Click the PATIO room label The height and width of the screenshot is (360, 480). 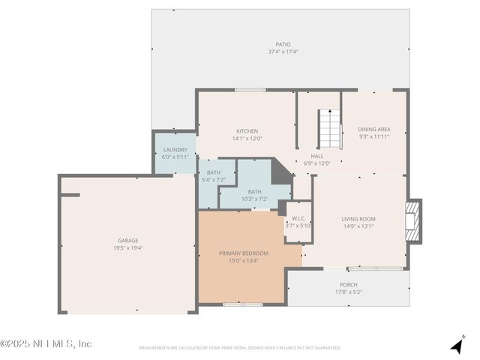click(283, 44)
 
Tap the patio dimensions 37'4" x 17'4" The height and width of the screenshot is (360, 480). click(283, 52)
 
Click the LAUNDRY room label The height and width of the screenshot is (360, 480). click(174, 150)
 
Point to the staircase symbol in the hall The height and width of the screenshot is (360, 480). click(328, 128)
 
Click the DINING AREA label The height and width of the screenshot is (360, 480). click(373, 129)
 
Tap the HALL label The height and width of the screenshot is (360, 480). click(317, 156)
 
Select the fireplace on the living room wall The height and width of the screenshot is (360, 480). click(413, 221)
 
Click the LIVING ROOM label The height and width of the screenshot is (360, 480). click(358, 218)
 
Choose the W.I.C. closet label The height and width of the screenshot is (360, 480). click(298, 218)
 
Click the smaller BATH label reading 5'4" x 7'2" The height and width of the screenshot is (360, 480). click(214, 172)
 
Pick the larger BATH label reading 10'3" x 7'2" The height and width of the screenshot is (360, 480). click(254, 192)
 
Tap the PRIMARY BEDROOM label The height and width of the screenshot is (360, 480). click(243, 253)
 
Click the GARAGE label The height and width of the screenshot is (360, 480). click(127, 241)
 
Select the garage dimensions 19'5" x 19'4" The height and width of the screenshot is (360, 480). click(127, 247)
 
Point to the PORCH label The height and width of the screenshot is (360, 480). click(348, 284)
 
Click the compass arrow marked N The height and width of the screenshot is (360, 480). click(457, 345)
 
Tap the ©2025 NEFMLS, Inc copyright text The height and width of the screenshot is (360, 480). click(46, 343)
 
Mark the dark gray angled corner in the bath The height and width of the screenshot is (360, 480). click(280, 173)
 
